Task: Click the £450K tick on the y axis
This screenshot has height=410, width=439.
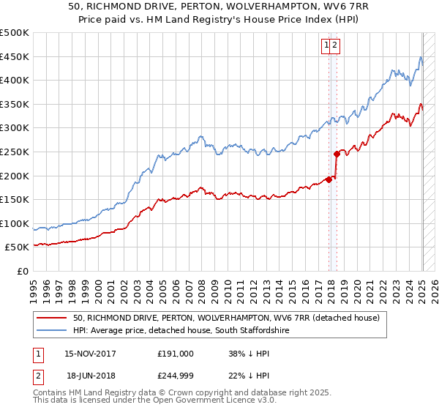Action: coord(15,56)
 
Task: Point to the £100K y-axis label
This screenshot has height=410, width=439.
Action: coord(15,223)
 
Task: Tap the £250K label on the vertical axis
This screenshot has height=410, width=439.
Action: coord(15,152)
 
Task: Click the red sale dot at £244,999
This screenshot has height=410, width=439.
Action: coord(336,154)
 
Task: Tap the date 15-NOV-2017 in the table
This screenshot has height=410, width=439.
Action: coord(90,354)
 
